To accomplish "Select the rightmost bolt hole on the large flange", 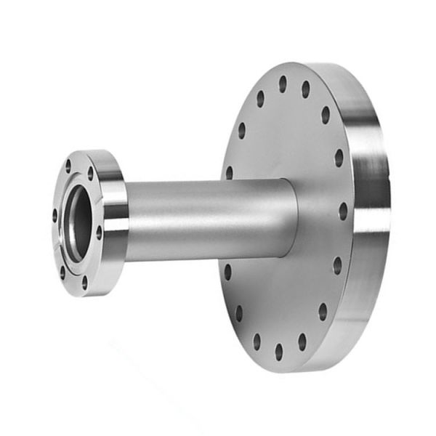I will click(x=343, y=211).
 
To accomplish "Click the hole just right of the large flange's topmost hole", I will click(x=305, y=89).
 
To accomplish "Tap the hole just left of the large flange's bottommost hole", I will click(x=256, y=342).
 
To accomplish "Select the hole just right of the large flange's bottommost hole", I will click(x=302, y=342).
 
